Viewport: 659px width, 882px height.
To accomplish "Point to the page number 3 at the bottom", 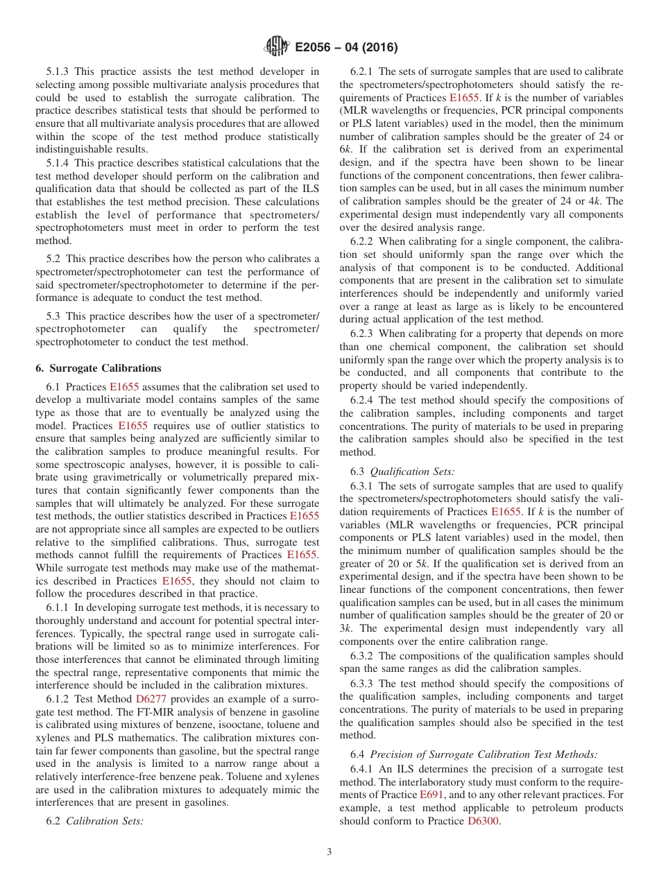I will [329, 852].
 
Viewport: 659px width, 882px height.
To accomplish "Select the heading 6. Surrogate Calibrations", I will [98, 368].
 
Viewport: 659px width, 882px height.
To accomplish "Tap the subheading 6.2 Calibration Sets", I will [94, 820].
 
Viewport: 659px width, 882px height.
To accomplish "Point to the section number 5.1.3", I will [58, 71].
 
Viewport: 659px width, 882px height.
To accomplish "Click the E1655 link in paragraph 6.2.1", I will [464, 98].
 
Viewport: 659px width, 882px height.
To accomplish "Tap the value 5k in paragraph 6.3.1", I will [391, 552].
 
